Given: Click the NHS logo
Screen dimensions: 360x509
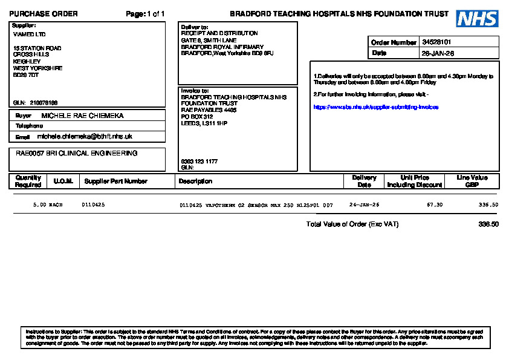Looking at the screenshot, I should coord(477,19).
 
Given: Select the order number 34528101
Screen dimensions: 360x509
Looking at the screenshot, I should coord(436,42).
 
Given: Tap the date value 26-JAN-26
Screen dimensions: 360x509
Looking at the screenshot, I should coord(438,53).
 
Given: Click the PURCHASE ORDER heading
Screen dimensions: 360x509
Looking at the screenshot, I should coord(44,14).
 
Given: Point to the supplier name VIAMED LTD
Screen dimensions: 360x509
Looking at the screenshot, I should coord(29,34).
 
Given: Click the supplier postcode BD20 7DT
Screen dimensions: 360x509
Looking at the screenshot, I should coord(26,75).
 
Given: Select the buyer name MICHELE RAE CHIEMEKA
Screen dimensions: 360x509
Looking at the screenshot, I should coord(82,116).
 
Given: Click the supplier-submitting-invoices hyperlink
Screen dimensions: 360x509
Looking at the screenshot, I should coord(375,107).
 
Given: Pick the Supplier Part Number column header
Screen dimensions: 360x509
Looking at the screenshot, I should coord(115,181).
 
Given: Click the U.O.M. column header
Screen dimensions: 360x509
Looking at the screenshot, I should coord(63,181).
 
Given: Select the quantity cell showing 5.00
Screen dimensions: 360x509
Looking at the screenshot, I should coord(39,205).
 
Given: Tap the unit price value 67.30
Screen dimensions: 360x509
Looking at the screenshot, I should coord(435,205).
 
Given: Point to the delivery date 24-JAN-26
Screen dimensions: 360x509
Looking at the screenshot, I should coord(364,205).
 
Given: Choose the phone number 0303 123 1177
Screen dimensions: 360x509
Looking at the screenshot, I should coord(199,162).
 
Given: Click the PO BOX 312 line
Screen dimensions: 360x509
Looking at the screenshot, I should coord(197,117).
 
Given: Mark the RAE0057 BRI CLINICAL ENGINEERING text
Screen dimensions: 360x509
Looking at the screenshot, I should coord(76,154).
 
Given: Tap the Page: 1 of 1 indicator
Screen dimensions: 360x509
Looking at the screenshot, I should coord(145,14).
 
